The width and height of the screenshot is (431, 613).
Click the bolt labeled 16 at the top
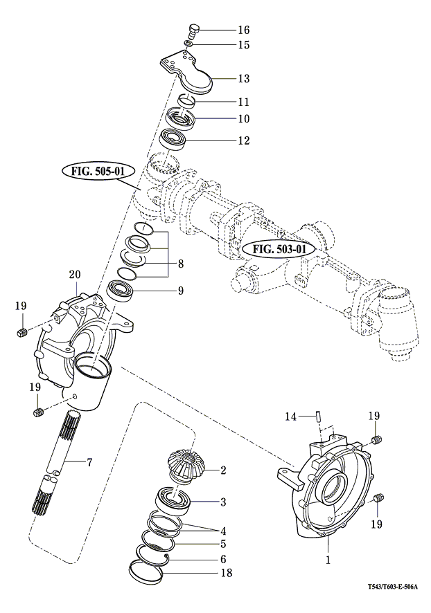(x=193, y=31)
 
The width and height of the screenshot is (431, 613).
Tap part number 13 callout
(x=224, y=78)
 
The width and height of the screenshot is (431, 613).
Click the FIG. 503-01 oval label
(x=279, y=248)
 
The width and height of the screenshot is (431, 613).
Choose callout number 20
(x=74, y=275)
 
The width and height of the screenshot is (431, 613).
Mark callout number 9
(x=180, y=291)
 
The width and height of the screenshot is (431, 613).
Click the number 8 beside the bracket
(x=180, y=264)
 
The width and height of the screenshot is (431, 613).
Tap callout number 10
(x=224, y=118)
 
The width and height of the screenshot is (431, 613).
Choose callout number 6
(x=223, y=559)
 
